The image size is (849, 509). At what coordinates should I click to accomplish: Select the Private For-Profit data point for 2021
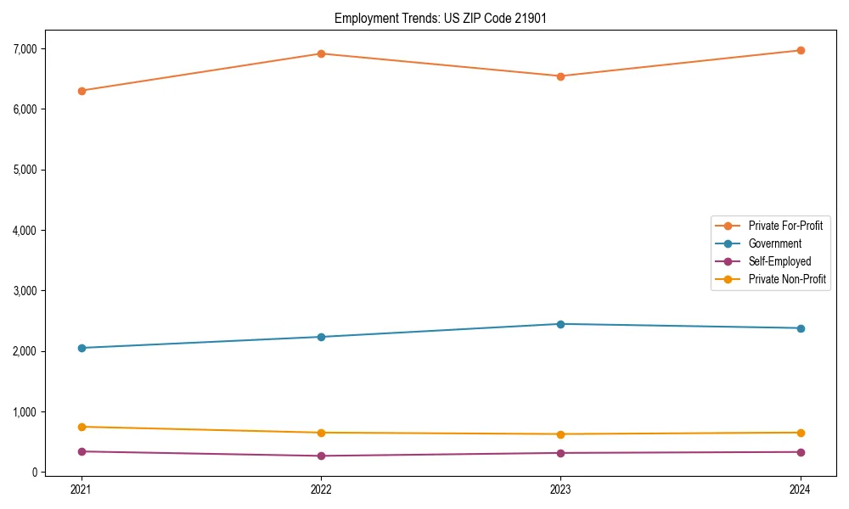pyautogui.click(x=82, y=91)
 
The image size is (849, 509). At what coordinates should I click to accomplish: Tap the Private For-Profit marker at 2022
pyautogui.click(x=321, y=53)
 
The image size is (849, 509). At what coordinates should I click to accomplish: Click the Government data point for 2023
pyautogui.click(x=560, y=324)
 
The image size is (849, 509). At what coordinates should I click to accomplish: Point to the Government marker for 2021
pyautogui.click(x=82, y=348)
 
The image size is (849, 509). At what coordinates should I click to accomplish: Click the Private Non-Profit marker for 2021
pyautogui.click(x=82, y=427)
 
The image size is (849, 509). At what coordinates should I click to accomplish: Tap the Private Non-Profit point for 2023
pyautogui.click(x=560, y=434)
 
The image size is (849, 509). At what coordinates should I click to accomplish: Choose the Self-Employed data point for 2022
pyautogui.click(x=321, y=456)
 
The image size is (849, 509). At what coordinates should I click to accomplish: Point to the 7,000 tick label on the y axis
pyautogui.click(x=25, y=48)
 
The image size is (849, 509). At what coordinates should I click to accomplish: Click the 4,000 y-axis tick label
pyautogui.click(x=25, y=230)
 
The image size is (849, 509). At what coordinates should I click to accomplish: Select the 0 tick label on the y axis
pyautogui.click(x=36, y=473)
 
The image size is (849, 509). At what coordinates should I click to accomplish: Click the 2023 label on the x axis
pyautogui.click(x=560, y=489)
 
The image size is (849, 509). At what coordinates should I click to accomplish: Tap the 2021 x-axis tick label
pyautogui.click(x=82, y=489)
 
